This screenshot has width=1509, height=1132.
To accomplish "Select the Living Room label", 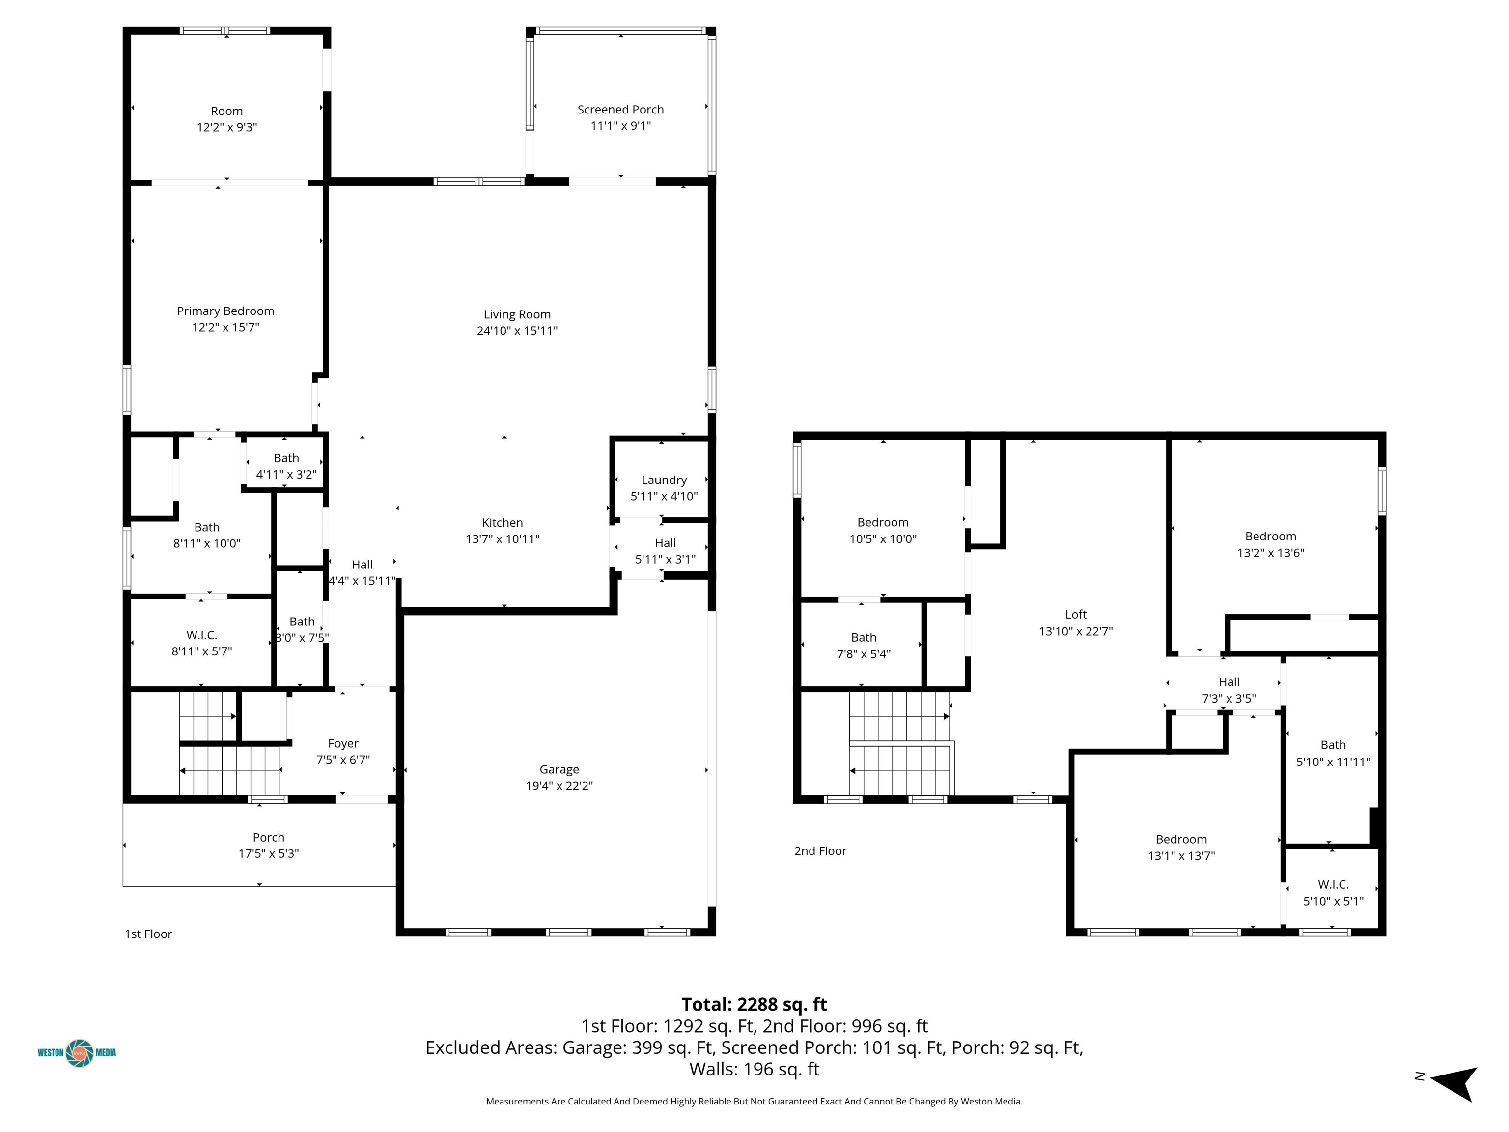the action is [x=517, y=314].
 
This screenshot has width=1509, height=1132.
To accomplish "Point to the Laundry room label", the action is [x=664, y=481].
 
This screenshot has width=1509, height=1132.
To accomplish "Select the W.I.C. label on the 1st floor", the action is [x=201, y=635].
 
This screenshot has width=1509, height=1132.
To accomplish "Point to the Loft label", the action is [x=1076, y=615].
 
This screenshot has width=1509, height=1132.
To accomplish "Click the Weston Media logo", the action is [x=77, y=1052].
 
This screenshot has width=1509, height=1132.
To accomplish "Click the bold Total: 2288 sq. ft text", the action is [x=754, y=1004].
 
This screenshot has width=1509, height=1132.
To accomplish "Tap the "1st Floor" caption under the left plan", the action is [x=148, y=934].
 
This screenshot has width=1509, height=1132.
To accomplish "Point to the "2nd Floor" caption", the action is [x=820, y=851].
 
